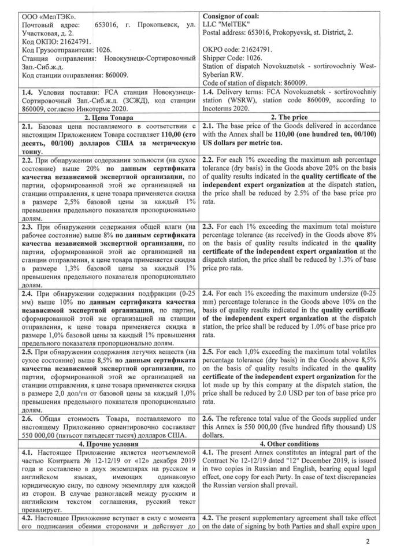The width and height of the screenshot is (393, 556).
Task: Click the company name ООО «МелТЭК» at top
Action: (x=43, y=10)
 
